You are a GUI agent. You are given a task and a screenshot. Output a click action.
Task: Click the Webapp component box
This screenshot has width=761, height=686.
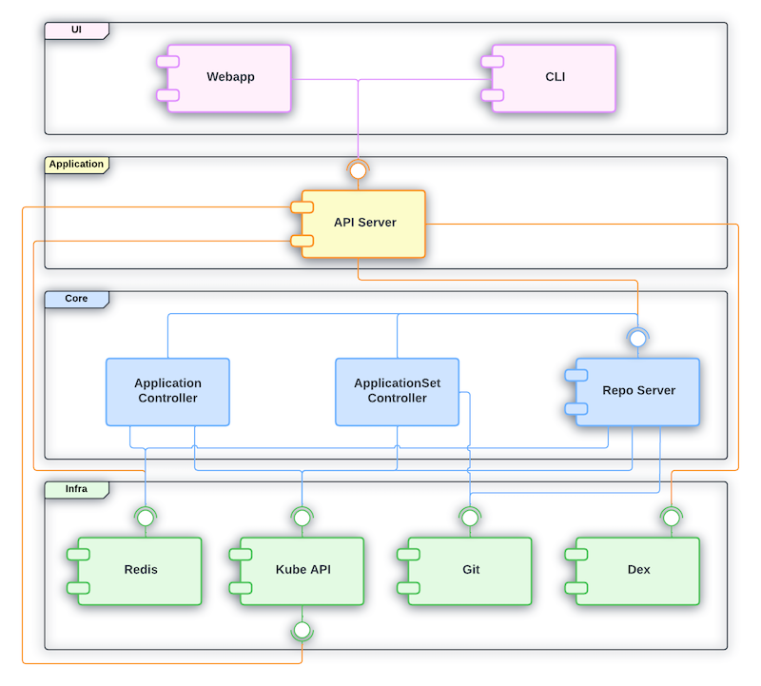pos(230,78)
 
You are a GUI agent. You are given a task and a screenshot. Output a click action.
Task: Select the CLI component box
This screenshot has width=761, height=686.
pos(555,78)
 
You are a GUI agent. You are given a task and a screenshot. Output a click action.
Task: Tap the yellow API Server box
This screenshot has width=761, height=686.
pos(363,224)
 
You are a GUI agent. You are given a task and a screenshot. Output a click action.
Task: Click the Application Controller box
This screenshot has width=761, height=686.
pos(167,391)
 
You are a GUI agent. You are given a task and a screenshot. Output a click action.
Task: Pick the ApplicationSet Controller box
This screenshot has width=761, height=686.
pos(398,391)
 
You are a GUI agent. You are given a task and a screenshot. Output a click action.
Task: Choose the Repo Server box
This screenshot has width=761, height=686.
pos(638,391)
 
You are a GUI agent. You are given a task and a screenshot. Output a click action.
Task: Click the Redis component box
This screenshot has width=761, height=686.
pos(141,571)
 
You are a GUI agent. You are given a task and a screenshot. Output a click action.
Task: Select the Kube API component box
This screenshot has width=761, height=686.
pos(302,571)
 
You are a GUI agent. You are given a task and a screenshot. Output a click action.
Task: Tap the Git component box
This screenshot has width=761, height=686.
pos(470,571)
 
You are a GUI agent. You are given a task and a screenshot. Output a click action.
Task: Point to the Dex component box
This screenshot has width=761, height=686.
pos(638,571)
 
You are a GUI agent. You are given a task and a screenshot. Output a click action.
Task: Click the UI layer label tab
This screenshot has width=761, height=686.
pos(76,30)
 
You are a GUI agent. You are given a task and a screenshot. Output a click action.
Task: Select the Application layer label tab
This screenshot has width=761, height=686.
pos(76,165)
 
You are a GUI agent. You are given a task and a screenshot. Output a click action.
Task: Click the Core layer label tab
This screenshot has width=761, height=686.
pos(76,299)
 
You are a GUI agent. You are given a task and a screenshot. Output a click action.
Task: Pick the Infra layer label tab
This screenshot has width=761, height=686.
pos(76,489)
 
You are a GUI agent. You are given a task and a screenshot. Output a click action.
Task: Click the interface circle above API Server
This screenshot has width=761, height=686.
pos(358,171)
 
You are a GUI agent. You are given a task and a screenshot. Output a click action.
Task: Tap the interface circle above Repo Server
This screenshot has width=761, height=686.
pos(637,338)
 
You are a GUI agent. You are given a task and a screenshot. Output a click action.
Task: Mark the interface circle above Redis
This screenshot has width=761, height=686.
pos(146,518)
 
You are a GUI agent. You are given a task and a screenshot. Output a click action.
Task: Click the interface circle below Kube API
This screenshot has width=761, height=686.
pos(302,629)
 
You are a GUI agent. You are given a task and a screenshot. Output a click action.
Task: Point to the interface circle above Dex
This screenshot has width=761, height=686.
pos(672,518)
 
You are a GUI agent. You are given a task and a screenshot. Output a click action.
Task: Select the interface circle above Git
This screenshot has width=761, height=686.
pos(469,518)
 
